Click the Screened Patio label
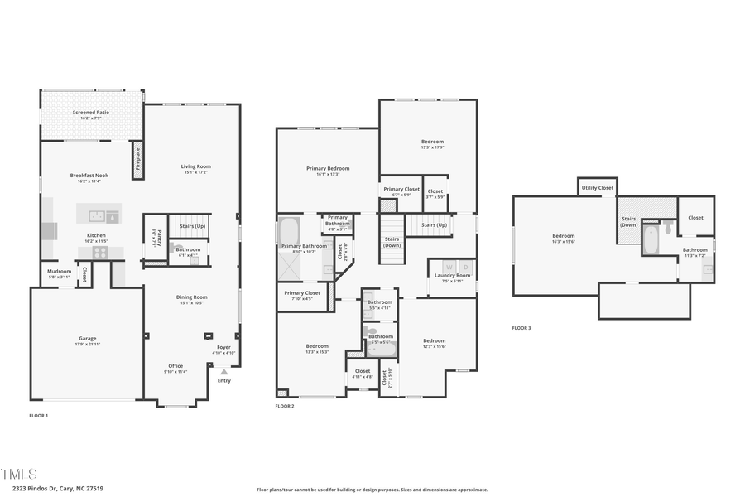point(91,113)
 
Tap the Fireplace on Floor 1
point(137,159)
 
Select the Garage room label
point(88,338)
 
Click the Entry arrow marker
point(223,372)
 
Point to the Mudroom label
point(59,271)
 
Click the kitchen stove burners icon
point(99,253)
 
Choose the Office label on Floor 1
point(175,365)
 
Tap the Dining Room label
point(191,297)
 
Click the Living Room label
point(196,166)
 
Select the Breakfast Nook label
point(89,176)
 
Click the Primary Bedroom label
point(328,168)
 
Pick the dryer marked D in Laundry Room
point(466,267)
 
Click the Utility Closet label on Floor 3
point(597,188)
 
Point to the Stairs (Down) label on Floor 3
point(629,221)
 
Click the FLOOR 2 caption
point(285,407)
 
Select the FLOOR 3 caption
point(521,328)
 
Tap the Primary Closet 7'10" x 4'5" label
point(302,292)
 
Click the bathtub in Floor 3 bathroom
point(651,240)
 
